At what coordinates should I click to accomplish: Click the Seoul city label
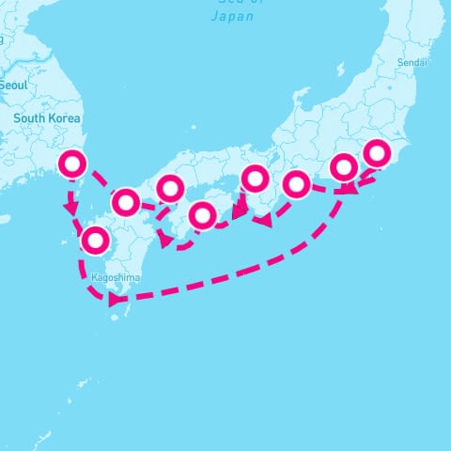click(x=13, y=85)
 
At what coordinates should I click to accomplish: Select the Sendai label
click(x=412, y=62)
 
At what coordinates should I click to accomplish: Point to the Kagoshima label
click(x=117, y=279)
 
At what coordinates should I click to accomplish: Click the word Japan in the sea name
click(x=233, y=16)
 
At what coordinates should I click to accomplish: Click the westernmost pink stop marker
click(x=73, y=163)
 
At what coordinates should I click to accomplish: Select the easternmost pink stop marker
click(x=377, y=152)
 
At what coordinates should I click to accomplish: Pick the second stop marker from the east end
click(x=345, y=167)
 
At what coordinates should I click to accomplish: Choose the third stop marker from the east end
click(x=296, y=184)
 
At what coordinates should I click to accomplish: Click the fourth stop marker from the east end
click(x=256, y=178)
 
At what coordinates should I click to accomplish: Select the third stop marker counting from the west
click(x=126, y=201)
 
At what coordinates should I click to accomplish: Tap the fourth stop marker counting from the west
click(x=170, y=189)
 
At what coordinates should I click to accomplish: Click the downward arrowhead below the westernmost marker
click(x=71, y=205)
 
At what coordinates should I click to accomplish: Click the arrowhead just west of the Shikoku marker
click(x=165, y=241)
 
